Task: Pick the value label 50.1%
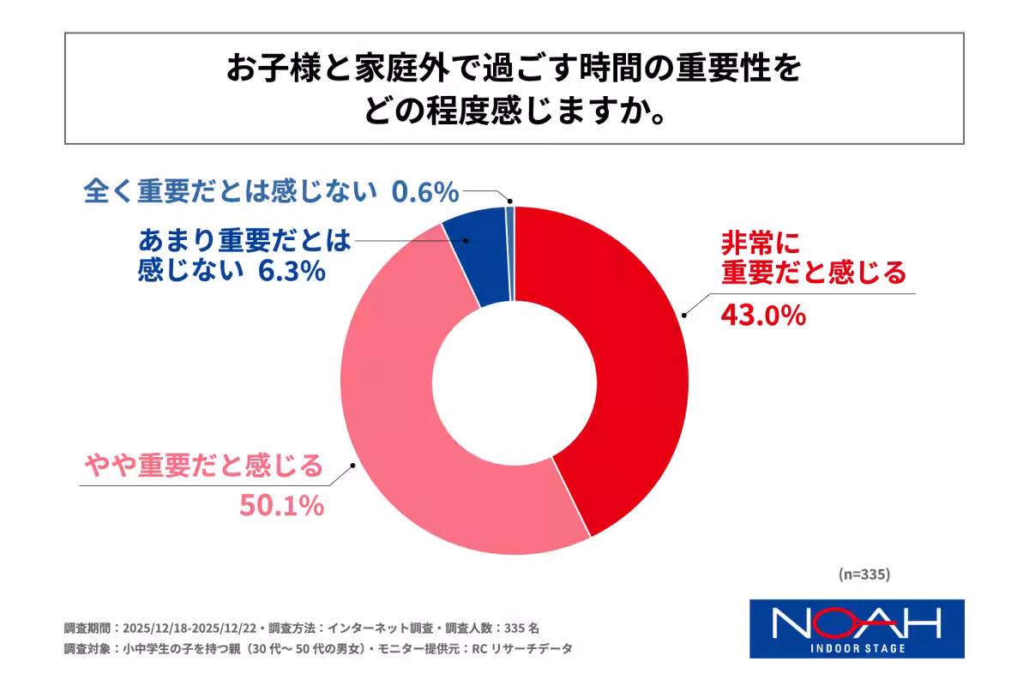(280, 506)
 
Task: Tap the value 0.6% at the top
(424, 193)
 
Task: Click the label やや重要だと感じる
(204, 466)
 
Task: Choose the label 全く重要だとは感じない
(232, 193)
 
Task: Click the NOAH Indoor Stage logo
(857, 628)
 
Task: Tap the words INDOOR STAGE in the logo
(857, 648)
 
